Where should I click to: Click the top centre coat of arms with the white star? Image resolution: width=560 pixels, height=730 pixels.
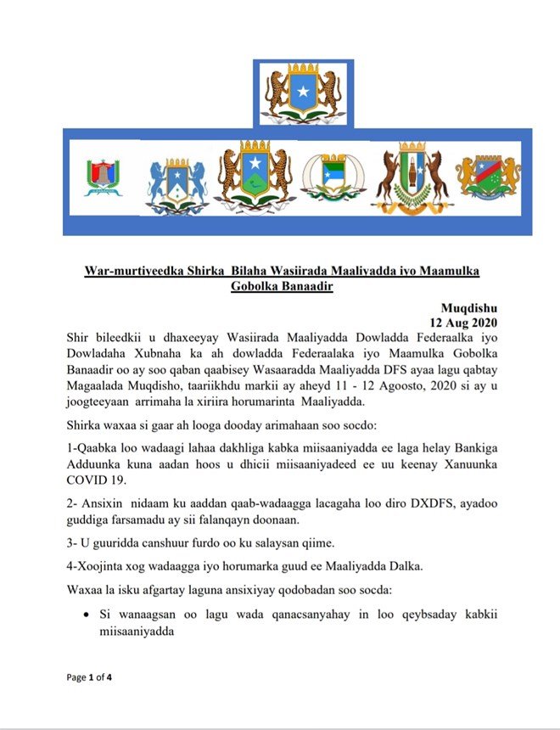pyautogui.click(x=303, y=93)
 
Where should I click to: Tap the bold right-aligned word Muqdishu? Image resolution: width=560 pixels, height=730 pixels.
pyautogui.click(x=471, y=307)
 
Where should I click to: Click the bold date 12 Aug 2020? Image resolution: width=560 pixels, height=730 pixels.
pyautogui.click(x=463, y=323)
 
